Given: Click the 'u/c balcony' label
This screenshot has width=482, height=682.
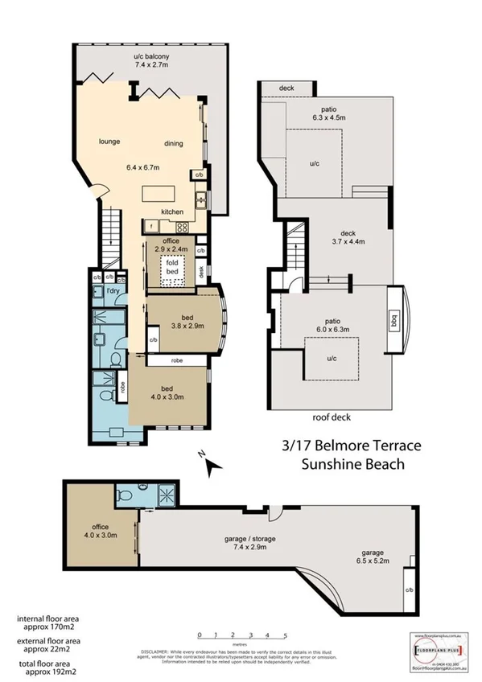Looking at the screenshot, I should (151, 61).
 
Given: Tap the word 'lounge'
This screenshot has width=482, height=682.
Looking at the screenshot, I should (109, 142).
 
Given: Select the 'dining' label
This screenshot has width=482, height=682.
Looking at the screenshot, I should (173, 144).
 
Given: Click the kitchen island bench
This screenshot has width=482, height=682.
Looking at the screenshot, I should (165, 195).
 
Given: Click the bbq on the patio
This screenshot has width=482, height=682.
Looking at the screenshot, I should (393, 317).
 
